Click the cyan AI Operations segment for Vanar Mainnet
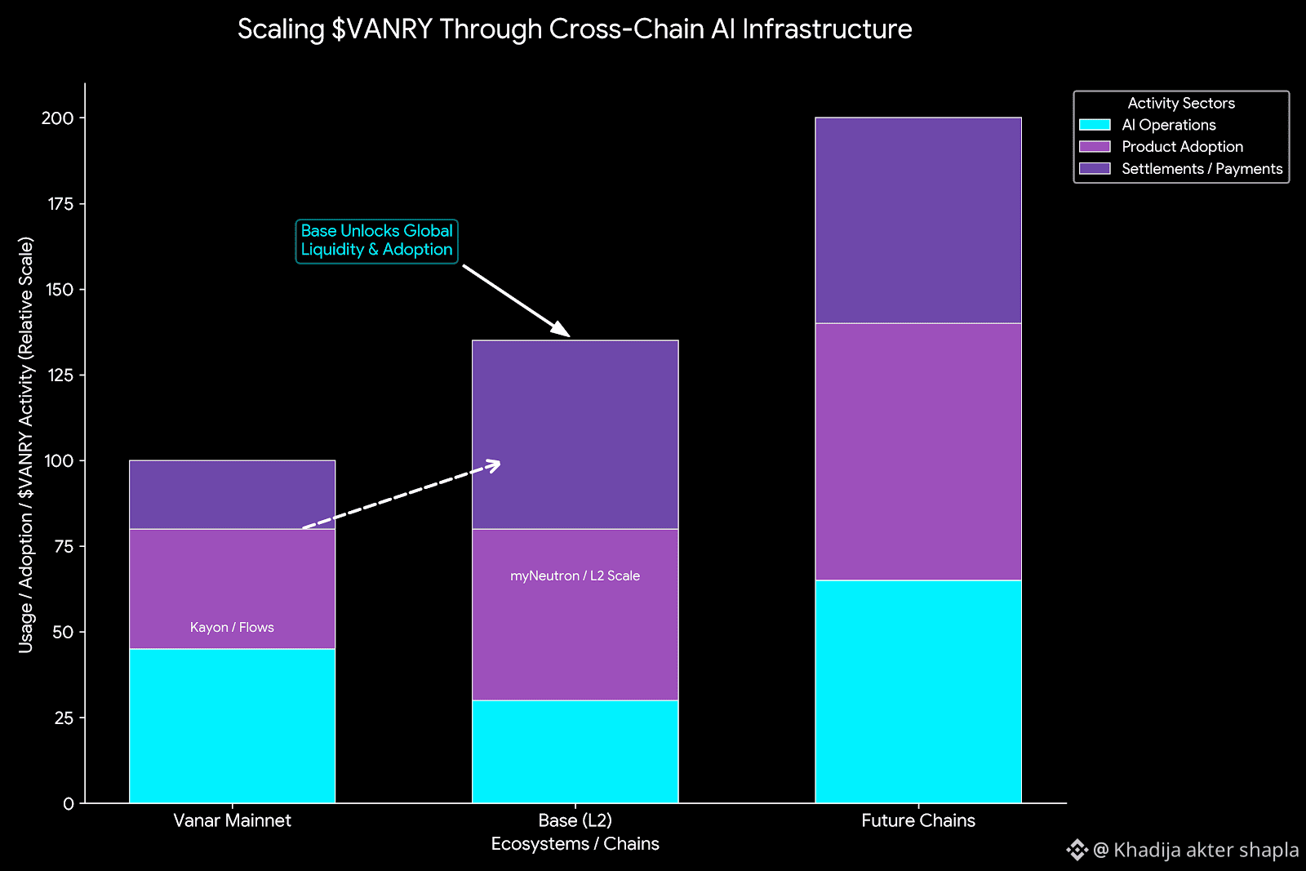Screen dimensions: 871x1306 (x=232, y=726)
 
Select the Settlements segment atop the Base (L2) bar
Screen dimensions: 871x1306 (x=575, y=434)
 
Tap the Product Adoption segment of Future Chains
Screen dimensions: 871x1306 (x=917, y=451)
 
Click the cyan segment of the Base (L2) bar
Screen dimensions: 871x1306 (x=575, y=751)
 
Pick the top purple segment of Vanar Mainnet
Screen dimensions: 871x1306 (x=232, y=495)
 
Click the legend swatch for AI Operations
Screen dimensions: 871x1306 (x=1095, y=125)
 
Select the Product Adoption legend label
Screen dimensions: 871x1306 (x=1182, y=147)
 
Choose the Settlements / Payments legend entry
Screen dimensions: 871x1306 (x=1202, y=169)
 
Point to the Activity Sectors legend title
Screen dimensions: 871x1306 (x=1180, y=103)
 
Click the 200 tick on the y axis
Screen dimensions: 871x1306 (x=58, y=118)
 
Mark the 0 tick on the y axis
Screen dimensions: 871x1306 (x=69, y=804)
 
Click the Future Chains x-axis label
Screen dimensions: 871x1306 (x=917, y=820)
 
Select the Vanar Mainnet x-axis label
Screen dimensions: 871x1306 (x=232, y=820)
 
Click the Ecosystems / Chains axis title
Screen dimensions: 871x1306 (x=575, y=844)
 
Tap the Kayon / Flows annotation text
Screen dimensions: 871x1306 (x=232, y=627)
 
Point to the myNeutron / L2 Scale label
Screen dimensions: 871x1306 (x=575, y=575)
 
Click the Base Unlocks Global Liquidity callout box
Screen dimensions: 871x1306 (x=376, y=241)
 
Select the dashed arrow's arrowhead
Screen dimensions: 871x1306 (x=494, y=464)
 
